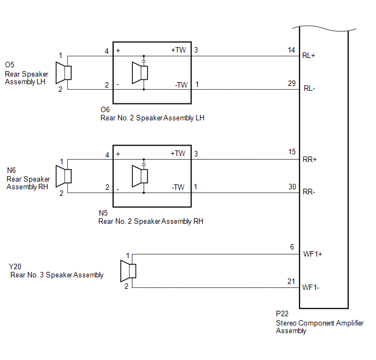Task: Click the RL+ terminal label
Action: pyautogui.click(x=309, y=56)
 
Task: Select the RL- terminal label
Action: pyautogui.click(x=309, y=89)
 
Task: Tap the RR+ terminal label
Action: pyautogui.click(x=309, y=160)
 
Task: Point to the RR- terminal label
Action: pyautogui.click(x=309, y=192)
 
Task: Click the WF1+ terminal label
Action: pyautogui.click(x=313, y=254)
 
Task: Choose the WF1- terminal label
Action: pyautogui.click(x=311, y=287)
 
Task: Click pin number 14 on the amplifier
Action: pyautogui.click(x=291, y=50)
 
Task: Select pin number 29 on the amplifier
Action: pyautogui.click(x=292, y=83)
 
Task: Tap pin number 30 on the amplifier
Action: pyautogui.click(x=292, y=187)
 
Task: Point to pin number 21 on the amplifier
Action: pyautogui.click(x=291, y=281)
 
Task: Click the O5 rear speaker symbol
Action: pyautogui.click(x=63, y=73)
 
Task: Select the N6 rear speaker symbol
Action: pyautogui.click(x=63, y=176)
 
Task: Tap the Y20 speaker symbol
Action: pyautogui.click(x=128, y=271)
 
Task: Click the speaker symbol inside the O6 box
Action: pyautogui.click(x=140, y=73)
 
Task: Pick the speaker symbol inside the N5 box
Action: pyautogui.click(x=140, y=176)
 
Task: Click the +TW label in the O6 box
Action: pyautogui.click(x=178, y=50)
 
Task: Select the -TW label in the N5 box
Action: pyautogui.click(x=178, y=187)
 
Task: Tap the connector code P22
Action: pyautogui.click(x=282, y=313)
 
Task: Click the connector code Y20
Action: pyautogui.click(x=15, y=266)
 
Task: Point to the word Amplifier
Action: pyautogui.click(x=350, y=323)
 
